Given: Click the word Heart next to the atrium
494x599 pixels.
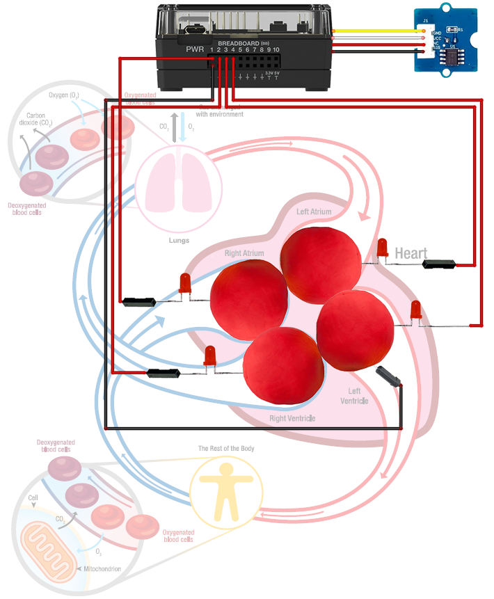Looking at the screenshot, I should click(411, 253).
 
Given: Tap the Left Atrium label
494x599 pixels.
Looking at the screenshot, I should click(314, 211).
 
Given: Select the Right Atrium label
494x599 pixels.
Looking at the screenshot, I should click(244, 253).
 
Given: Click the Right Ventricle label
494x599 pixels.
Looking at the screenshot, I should click(292, 418).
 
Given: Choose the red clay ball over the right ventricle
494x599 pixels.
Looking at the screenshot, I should click(284, 365).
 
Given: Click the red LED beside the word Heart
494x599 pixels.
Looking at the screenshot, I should click(382, 248).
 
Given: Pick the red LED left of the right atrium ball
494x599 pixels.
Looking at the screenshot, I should click(185, 284).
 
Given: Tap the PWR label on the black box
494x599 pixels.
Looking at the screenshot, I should click(195, 50).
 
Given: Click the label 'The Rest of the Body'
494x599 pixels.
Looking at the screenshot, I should click(226, 449).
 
